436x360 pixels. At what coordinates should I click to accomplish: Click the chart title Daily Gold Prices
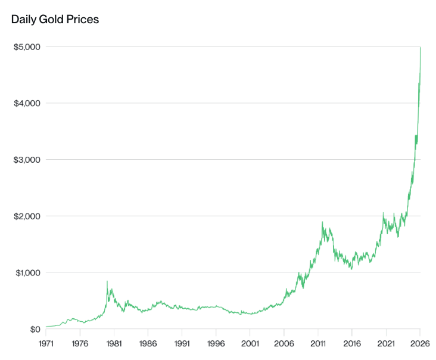[x=55, y=20]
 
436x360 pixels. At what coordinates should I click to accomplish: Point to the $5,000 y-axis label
[x=26, y=46]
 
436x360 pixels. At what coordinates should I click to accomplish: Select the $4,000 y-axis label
[x=26, y=103]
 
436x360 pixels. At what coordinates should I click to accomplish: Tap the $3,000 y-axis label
[x=26, y=160]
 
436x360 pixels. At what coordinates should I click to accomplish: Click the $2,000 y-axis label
[x=26, y=216]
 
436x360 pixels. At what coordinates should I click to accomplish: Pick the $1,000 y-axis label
[x=26, y=272]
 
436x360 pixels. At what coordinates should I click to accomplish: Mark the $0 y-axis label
[x=34, y=329]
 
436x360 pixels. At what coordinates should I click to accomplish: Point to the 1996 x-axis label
[x=216, y=344]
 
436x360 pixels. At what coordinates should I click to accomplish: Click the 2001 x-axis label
[x=250, y=344]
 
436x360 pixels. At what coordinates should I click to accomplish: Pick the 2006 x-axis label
[x=284, y=344]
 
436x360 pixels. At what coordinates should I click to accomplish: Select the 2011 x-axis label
[x=318, y=344]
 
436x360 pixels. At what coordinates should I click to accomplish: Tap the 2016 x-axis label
[x=352, y=344]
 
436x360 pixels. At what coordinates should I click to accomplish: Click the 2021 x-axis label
[x=386, y=344]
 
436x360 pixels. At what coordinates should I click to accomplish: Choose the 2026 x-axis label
[x=420, y=344]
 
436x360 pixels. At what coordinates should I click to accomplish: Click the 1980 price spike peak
[x=107, y=281]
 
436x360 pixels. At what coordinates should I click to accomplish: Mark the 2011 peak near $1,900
[x=322, y=222]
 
